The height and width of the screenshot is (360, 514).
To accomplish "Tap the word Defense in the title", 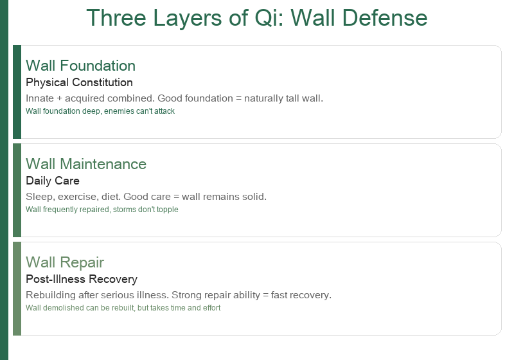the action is click(385, 18).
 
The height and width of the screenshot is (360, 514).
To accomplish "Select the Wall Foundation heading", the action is click(81, 66).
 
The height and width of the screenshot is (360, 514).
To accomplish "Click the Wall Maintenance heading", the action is click(86, 164).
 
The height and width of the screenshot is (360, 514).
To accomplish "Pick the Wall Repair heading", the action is click(65, 263).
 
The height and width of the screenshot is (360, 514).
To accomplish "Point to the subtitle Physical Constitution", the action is click(79, 82).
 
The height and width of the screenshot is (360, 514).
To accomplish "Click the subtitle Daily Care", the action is click(53, 181).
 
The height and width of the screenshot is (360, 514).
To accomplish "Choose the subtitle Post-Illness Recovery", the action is click(82, 279).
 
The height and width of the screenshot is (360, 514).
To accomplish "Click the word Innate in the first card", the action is click(40, 98).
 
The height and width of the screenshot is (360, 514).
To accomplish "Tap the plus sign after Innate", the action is click(59, 99).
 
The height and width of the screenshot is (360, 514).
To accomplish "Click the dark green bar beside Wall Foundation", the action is click(17, 92).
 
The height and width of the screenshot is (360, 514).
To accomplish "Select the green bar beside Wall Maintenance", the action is click(17, 190).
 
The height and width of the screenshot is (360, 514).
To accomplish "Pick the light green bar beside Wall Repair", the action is click(17, 289).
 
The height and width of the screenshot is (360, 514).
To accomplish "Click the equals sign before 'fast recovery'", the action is click(265, 296).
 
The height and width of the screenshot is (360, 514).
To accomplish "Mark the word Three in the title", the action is click(116, 18).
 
